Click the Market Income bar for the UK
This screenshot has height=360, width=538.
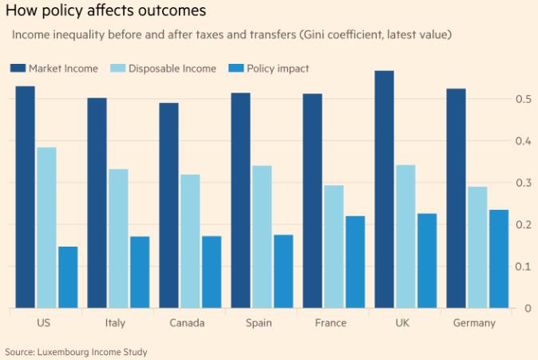point(384,189)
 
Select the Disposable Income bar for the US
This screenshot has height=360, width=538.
point(46,227)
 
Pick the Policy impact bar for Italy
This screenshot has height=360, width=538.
point(140,272)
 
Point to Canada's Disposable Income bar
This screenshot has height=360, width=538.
point(190,241)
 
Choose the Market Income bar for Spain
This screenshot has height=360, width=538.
point(240,200)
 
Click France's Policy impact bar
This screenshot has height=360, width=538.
point(355,262)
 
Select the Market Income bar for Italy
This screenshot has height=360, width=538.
point(97,203)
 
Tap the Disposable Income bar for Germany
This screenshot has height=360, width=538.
point(477,247)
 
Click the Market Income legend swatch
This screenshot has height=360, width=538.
point(17,69)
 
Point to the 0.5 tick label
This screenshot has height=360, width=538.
point(524,99)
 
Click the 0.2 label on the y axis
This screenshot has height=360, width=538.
point(524,224)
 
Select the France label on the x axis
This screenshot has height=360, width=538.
point(330,323)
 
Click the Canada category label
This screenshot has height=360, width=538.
point(187,323)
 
